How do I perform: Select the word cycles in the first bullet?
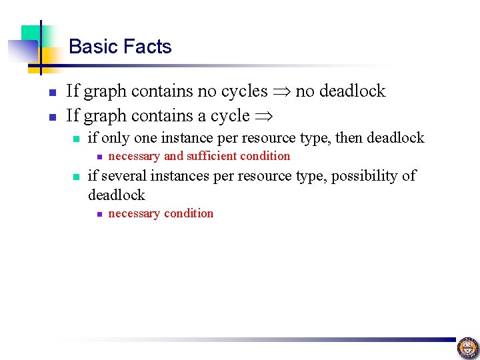coord(244,91)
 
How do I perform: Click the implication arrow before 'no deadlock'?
coord(282,91)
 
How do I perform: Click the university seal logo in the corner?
coord(467,347)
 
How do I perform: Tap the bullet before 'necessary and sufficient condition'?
coord(97,157)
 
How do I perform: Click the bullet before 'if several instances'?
coord(77,177)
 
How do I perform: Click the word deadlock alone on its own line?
coord(116,195)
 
